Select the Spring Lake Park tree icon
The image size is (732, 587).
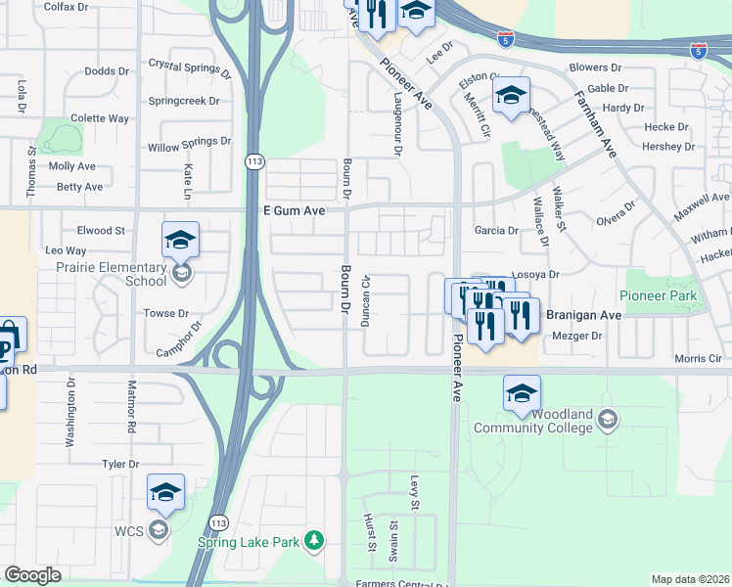(x=313, y=539)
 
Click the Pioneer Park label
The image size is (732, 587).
(x=658, y=295)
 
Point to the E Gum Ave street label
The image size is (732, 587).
(x=294, y=209)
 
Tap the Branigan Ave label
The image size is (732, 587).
(x=583, y=315)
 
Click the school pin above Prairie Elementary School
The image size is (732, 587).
(x=180, y=240)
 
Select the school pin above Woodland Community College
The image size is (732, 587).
(x=522, y=394)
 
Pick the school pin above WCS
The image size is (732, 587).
(x=165, y=493)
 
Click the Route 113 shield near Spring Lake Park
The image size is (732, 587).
(x=219, y=523)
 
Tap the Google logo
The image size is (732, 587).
(x=32, y=575)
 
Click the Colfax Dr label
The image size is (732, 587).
(x=66, y=6)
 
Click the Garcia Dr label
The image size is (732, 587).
(x=495, y=231)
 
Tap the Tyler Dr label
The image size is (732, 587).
(x=121, y=464)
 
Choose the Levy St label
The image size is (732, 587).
(x=414, y=494)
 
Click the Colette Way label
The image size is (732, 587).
(x=101, y=118)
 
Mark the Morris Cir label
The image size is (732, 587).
(x=698, y=358)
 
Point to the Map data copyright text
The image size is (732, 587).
(x=690, y=579)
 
